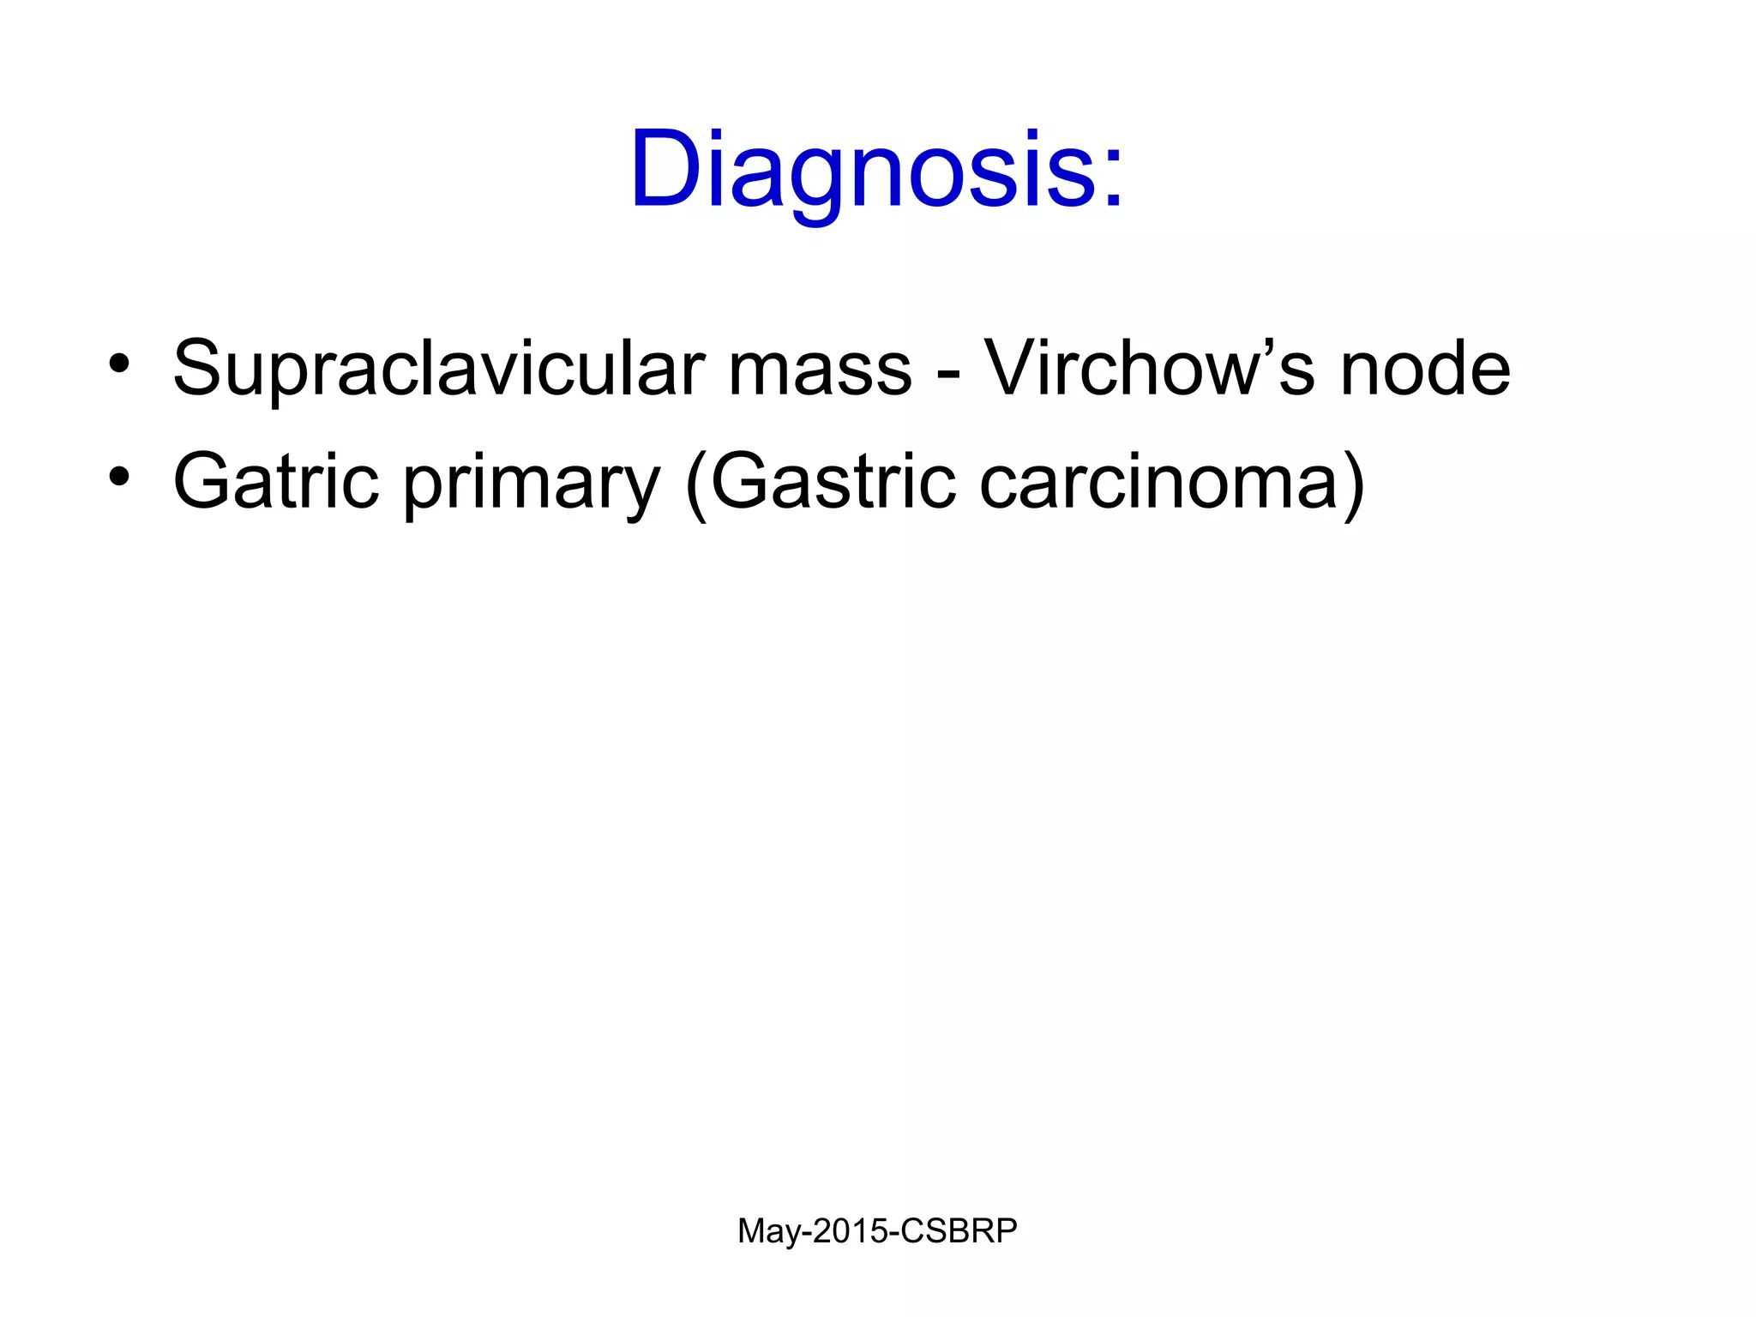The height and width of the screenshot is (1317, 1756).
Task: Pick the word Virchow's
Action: tap(1149, 369)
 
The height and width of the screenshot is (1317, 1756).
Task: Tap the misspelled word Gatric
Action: tap(275, 482)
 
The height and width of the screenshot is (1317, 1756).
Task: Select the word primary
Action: tap(532, 485)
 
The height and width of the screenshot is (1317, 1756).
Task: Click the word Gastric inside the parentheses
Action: tap(833, 482)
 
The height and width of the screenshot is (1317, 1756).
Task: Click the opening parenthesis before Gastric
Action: tap(696, 485)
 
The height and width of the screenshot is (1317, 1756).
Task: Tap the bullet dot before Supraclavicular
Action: tap(119, 364)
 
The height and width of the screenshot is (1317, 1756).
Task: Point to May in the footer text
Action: tap(767, 1232)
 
